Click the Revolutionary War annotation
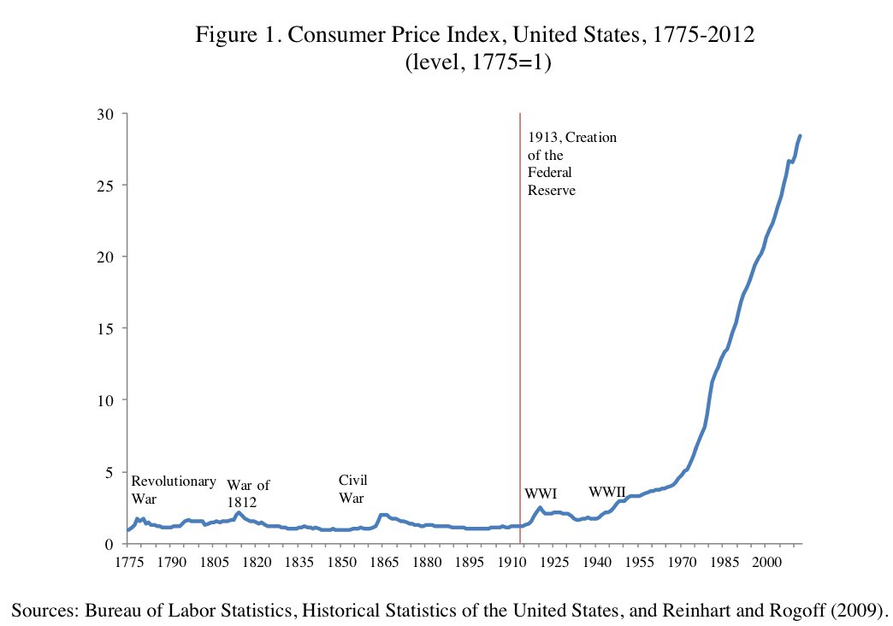click(x=173, y=489)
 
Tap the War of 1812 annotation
click(x=248, y=494)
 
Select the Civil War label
click(x=353, y=489)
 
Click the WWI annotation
click(x=541, y=493)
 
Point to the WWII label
click(x=607, y=492)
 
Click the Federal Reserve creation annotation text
click(x=571, y=164)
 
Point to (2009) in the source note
click(x=857, y=609)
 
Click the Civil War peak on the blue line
click(x=384, y=515)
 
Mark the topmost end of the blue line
click(x=800, y=135)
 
